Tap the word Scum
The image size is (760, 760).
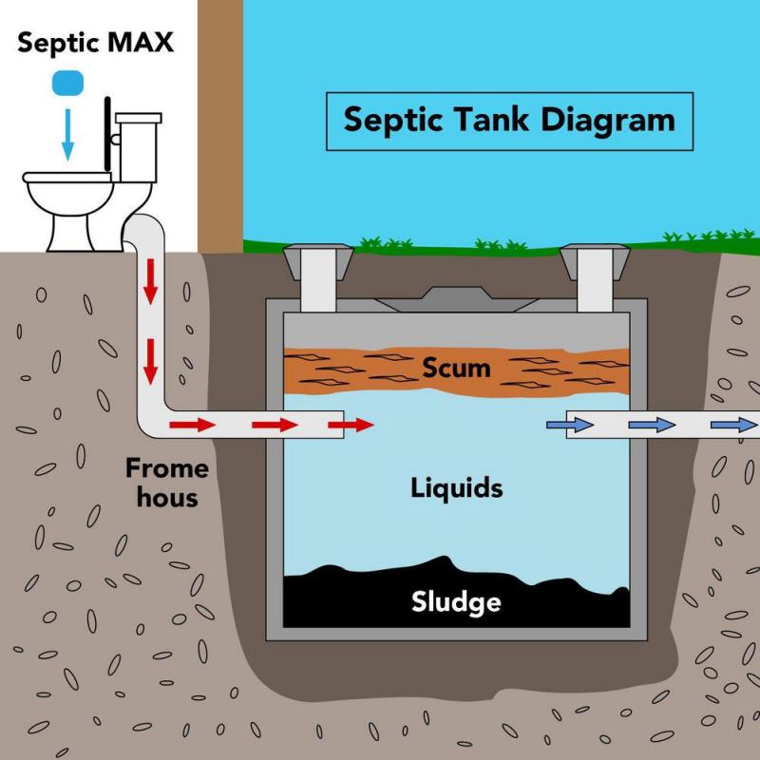tap(457, 367)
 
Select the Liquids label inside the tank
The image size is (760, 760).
tap(456, 488)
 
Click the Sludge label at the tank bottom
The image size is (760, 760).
tap(456, 600)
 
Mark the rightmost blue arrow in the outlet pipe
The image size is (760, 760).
tap(730, 425)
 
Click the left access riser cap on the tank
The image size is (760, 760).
tap(319, 257)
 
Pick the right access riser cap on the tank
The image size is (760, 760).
tap(595, 257)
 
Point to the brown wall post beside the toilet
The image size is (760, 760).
tap(219, 123)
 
